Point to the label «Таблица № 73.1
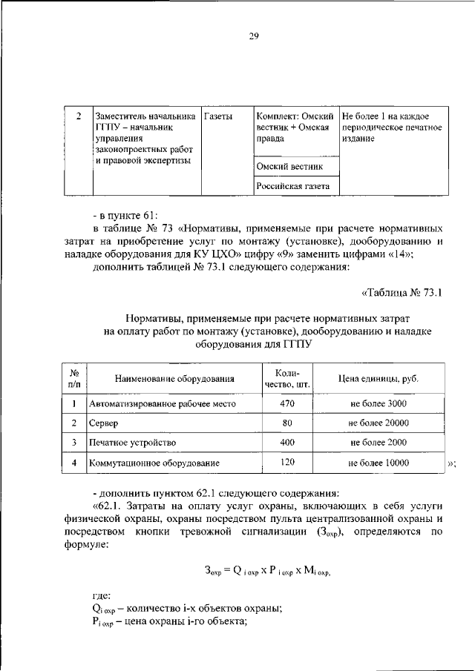(x=402, y=292)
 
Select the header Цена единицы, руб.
(x=379, y=379)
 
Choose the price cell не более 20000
(x=379, y=423)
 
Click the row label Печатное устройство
(x=132, y=443)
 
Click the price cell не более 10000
(x=379, y=463)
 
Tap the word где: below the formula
(x=102, y=595)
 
